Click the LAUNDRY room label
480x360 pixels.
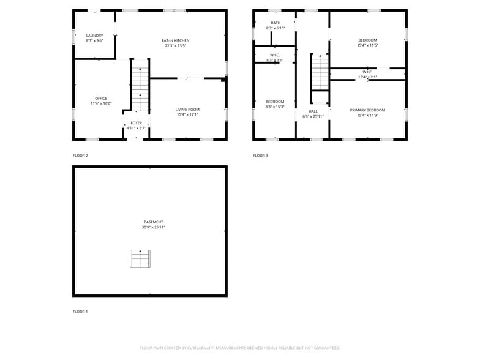(94, 36)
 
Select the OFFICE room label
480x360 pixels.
(101, 99)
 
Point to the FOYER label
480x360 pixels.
(136, 123)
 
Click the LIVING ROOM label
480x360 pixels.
(187, 109)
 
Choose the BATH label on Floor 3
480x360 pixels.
(276, 23)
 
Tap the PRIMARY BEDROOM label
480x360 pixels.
(367, 110)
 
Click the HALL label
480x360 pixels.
(313, 111)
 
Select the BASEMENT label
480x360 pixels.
(153, 222)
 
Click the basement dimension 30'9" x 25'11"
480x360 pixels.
(153, 228)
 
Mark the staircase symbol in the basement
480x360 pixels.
(140, 258)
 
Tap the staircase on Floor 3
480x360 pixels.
(320, 73)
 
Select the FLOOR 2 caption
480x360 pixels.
(80, 156)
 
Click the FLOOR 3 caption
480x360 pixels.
(260, 156)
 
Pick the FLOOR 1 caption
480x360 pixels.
(80, 312)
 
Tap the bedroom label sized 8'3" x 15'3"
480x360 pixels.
(274, 102)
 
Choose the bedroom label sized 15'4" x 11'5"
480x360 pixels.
(367, 40)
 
